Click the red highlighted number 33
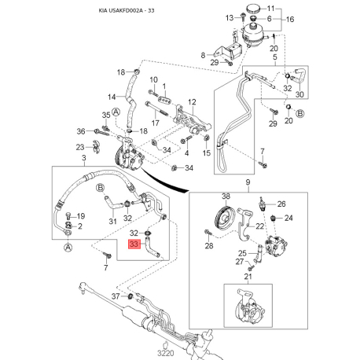134,244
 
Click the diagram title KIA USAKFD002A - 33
127,11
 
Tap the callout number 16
290,20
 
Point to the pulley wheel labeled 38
225,218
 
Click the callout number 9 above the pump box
248,182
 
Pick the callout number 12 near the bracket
192,102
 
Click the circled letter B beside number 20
300,113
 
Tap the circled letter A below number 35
116,112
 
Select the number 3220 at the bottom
166,353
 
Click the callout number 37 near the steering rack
116,296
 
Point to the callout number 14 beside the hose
112,97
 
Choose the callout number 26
281,204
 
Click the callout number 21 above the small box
248,277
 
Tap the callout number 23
80,148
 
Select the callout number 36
81,131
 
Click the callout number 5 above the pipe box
275,57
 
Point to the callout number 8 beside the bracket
203,55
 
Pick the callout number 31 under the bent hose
112,222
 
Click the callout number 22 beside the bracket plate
259,226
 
